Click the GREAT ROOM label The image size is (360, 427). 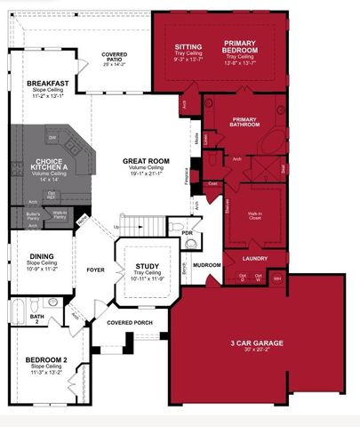(144, 162)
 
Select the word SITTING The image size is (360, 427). (188, 45)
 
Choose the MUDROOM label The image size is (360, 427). (207, 265)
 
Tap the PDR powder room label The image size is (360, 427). (188, 234)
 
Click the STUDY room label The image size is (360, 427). (147, 266)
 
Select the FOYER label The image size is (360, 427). (96, 269)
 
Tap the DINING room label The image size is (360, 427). (42, 256)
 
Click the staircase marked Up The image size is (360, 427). (142, 227)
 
